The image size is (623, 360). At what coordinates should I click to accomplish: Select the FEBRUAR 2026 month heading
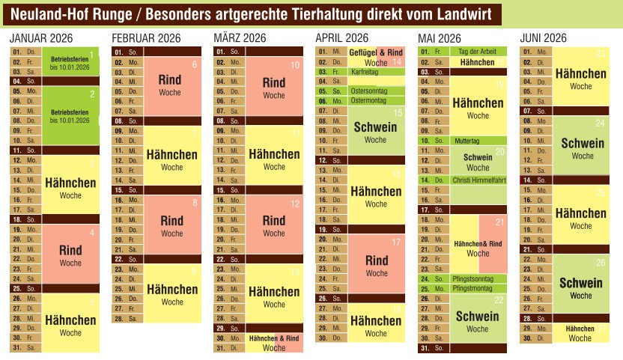pyautogui.click(x=146, y=38)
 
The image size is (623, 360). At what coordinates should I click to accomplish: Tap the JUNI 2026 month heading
pyautogui.click(x=543, y=38)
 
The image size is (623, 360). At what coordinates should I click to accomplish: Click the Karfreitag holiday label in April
pyautogui.click(x=365, y=71)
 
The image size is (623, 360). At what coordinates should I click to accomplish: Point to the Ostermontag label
pyautogui.click(x=368, y=100)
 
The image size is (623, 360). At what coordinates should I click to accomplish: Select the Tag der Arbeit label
pyautogui.click(x=476, y=52)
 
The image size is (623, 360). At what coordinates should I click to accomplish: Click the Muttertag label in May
pyautogui.click(x=467, y=140)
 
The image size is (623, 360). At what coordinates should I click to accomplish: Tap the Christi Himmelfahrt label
pyautogui.click(x=479, y=180)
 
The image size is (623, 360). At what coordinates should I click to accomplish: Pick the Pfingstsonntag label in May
pyautogui.click(x=473, y=278)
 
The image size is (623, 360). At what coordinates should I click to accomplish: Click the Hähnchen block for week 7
pyautogui.click(x=171, y=159)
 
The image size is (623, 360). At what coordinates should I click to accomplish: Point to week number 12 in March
pyautogui.click(x=295, y=204)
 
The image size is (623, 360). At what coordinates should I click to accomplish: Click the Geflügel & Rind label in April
pyautogui.click(x=376, y=52)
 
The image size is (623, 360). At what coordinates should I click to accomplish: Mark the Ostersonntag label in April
pyautogui.click(x=368, y=91)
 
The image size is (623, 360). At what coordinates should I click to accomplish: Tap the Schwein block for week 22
pyautogui.click(x=477, y=320)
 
